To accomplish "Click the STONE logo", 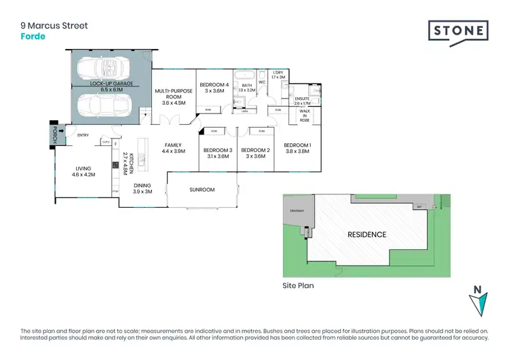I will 458,31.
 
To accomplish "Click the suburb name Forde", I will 33,37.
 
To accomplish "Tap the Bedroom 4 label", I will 214,85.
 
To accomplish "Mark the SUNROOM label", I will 202,190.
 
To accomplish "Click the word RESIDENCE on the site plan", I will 367,234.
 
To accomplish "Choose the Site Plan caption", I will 298,286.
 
